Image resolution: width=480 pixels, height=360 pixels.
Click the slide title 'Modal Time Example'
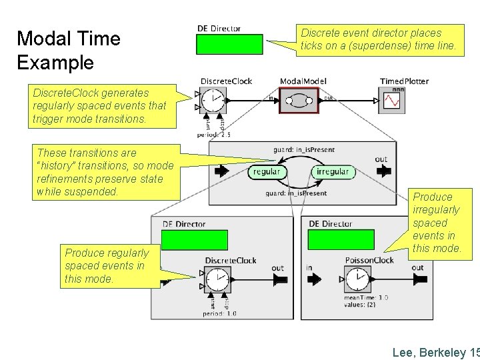[68, 51]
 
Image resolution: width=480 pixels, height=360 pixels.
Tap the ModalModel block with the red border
[299, 100]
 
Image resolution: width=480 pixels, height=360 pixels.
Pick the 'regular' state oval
[267, 171]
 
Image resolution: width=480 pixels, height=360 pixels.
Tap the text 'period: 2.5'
[214, 135]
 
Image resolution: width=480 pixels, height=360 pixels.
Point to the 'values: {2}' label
[361, 305]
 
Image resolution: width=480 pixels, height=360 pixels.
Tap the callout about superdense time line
[378, 39]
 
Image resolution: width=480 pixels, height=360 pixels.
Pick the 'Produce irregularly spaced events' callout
[437, 223]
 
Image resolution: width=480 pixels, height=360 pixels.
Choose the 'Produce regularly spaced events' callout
[107, 266]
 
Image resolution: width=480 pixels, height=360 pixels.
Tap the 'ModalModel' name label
[303, 81]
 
